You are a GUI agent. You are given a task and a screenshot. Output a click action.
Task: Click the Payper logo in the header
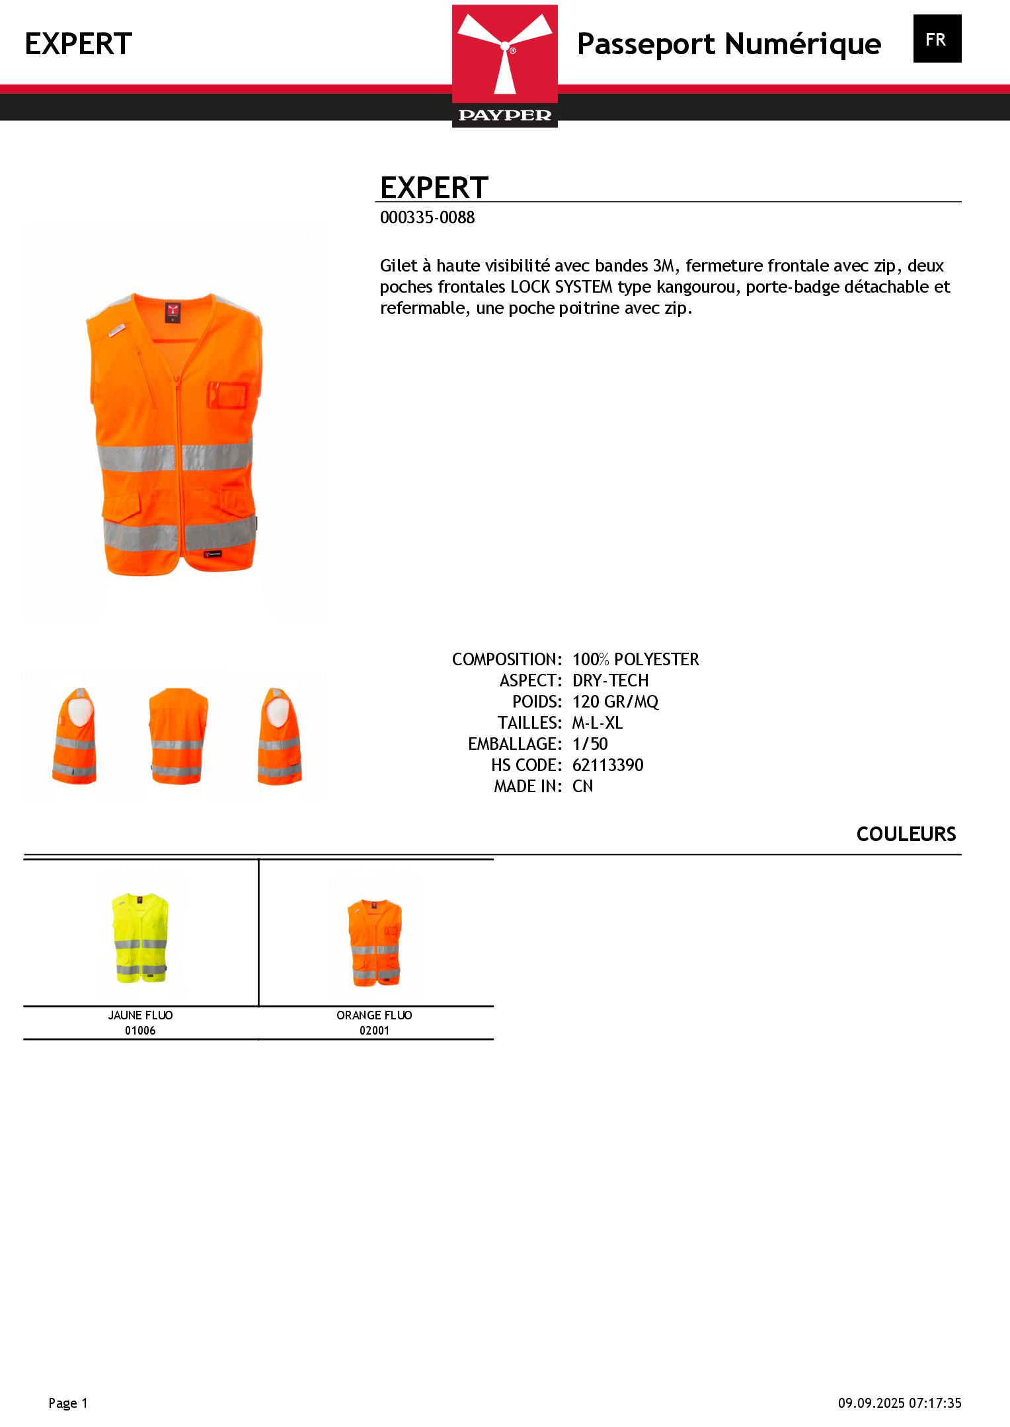pos(504,65)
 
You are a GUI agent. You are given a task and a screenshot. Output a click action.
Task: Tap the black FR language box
pos(937,39)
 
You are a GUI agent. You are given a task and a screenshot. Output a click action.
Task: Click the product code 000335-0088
pos(427,218)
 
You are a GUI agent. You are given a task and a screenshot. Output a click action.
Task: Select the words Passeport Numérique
pos(728,44)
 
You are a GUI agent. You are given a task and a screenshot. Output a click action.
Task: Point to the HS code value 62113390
pos(607,765)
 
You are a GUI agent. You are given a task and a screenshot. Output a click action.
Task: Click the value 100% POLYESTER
pos(635,659)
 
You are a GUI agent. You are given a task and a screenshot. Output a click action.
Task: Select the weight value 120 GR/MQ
pos(615,702)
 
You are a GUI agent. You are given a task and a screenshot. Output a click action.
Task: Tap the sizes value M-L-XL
pos(598,723)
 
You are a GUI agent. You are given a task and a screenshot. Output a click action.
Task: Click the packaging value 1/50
pos(590,744)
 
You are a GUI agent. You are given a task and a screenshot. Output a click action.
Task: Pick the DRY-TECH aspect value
pos(610,680)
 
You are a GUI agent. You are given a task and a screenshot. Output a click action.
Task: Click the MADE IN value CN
pos(582,786)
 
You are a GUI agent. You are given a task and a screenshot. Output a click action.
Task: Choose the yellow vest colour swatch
pos(140,936)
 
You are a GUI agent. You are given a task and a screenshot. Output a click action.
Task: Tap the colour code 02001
pos(374,1031)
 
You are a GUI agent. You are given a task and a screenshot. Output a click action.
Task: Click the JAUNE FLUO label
pos(140,1015)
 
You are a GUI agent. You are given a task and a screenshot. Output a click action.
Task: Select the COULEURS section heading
pos(906,834)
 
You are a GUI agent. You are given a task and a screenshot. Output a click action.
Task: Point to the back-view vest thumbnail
pos(177,735)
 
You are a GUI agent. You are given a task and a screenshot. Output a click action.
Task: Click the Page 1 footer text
pos(68,1403)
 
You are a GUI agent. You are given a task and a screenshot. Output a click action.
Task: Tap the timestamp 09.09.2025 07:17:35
pos(899,1403)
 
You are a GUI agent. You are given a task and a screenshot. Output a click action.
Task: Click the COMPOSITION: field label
pos(506,659)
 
